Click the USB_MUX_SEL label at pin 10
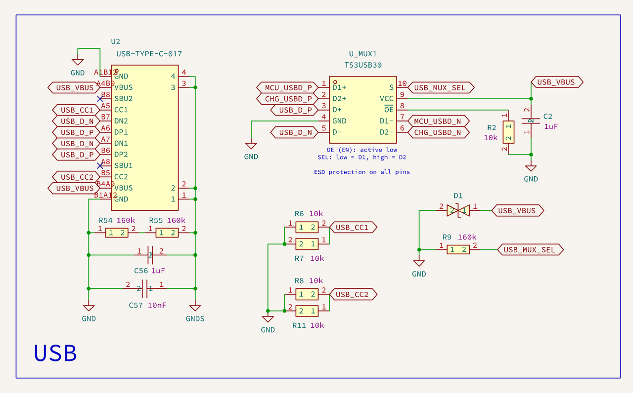pyautogui.click(x=440, y=87)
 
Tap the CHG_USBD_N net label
pyautogui.click(x=437, y=132)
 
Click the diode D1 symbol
pyautogui.click(x=457, y=211)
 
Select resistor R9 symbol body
pyautogui.click(x=458, y=250)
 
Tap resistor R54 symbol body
pyautogui.click(x=116, y=233)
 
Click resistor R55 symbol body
pyautogui.click(x=167, y=233)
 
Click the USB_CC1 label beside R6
pyautogui.click(x=353, y=228)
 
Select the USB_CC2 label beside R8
pyautogui.click(x=353, y=295)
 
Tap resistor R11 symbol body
pyautogui.click(x=307, y=311)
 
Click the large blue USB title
pyautogui.click(x=55, y=353)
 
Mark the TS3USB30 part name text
pyautogui.click(x=363, y=65)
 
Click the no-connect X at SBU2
pyautogui.click(x=100, y=99)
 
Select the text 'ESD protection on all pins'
pyautogui.click(x=362, y=172)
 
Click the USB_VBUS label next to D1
pyautogui.click(x=517, y=211)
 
